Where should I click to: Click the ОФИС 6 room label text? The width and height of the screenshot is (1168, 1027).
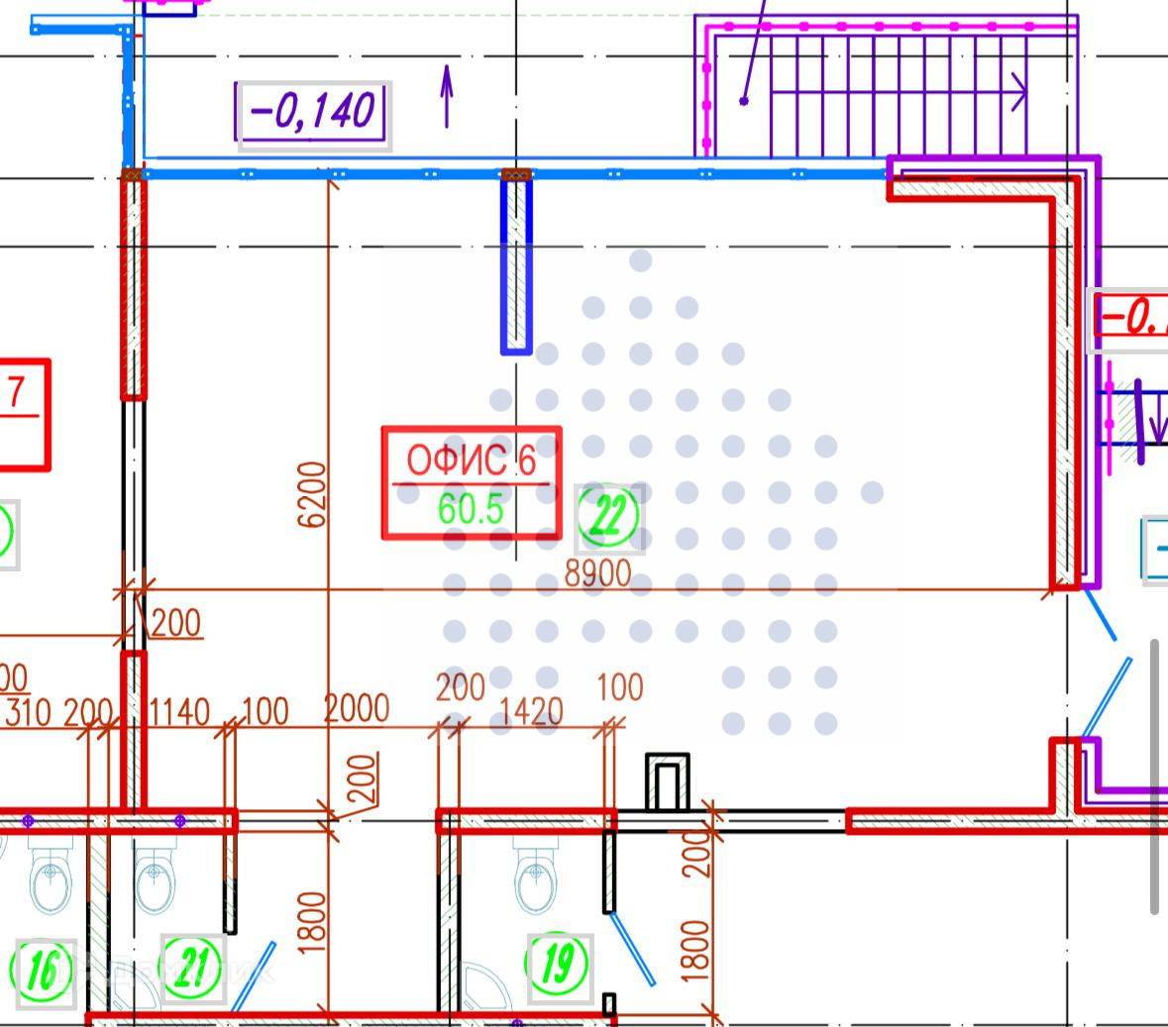coord(471,461)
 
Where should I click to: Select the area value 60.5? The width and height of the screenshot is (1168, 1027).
coord(471,509)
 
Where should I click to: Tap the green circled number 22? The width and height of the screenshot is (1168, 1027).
coord(607,517)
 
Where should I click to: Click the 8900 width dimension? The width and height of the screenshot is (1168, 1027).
coord(596,572)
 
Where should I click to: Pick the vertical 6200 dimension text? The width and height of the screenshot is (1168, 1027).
coord(311,494)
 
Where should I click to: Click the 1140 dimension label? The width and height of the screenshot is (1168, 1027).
coord(178,710)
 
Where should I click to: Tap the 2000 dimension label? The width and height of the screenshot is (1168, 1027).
coord(357,708)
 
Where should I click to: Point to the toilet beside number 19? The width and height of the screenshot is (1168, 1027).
coord(540,878)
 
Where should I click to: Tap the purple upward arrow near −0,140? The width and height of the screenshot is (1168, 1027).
coord(447,96)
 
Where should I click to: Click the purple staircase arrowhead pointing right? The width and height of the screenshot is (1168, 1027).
coord(1018,93)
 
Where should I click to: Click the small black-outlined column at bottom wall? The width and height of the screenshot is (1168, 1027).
coord(668,784)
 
